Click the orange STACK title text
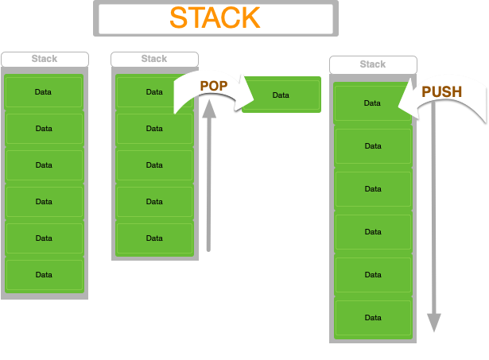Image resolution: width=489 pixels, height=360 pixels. click(215, 17)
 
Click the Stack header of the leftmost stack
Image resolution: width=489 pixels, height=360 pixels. click(45, 59)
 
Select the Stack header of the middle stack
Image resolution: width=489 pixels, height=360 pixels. click(154, 59)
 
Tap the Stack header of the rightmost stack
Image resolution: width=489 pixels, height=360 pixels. click(373, 64)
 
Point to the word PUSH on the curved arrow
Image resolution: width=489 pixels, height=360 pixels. click(441, 92)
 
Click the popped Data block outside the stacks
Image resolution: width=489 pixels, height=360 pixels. click(281, 95)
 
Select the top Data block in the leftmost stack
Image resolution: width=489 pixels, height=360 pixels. click(45, 92)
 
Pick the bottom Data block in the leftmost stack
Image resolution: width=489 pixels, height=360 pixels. click(45, 275)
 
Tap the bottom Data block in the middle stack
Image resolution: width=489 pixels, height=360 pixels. click(154, 238)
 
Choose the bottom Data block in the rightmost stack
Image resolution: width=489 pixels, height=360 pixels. click(373, 318)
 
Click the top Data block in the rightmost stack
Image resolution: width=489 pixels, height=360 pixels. click(373, 103)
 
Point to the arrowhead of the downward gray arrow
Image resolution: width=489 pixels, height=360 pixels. click(433, 323)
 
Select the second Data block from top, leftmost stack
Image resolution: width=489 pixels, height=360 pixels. click(45, 129)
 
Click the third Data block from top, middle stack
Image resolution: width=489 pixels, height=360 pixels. click(154, 165)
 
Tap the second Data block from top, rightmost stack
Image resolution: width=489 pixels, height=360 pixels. click(373, 146)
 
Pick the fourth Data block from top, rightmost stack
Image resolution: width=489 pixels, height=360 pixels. click(373, 232)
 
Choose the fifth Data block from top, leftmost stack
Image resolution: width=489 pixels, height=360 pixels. click(45, 238)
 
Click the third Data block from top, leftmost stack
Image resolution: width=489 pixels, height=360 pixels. click(45, 165)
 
